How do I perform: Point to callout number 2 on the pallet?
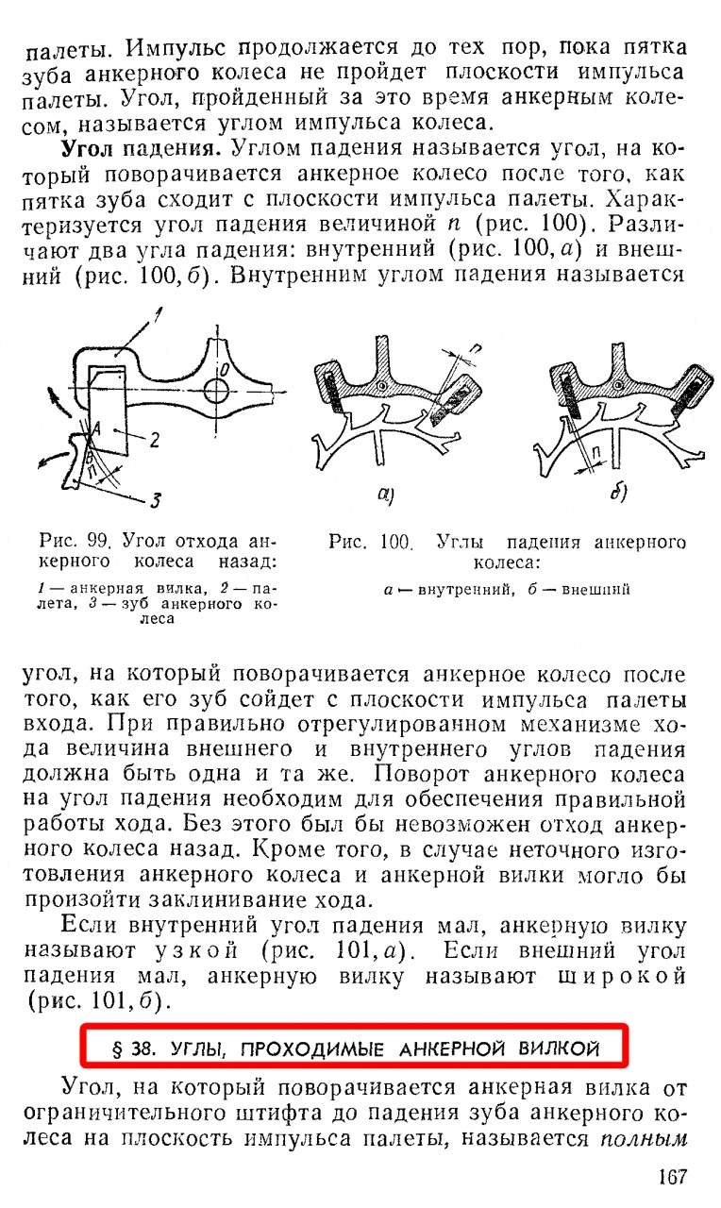pos(154,440)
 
